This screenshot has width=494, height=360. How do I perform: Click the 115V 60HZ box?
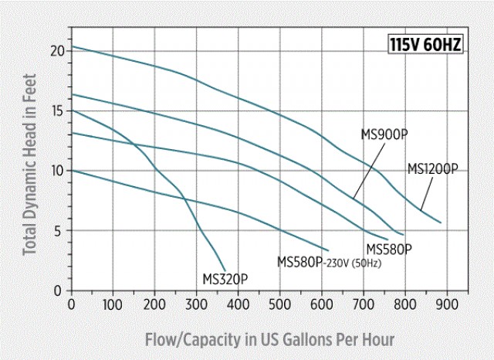pos(426,45)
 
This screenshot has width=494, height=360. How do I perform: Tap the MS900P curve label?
pos(384,134)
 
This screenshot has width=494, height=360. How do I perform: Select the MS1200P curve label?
pos(433,169)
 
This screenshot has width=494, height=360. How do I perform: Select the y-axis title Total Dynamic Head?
pos(30,171)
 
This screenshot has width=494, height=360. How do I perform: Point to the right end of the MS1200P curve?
pos(441,222)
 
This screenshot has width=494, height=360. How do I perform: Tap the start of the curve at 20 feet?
pos(72,47)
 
